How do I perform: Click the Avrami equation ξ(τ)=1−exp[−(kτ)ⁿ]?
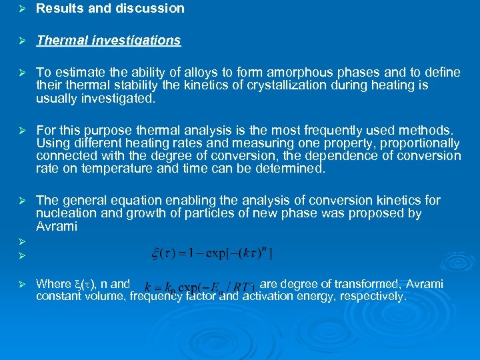[x=213, y=253]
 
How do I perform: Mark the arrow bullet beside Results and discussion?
[x=20, y=9]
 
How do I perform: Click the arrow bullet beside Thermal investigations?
[x=20, y=41]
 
